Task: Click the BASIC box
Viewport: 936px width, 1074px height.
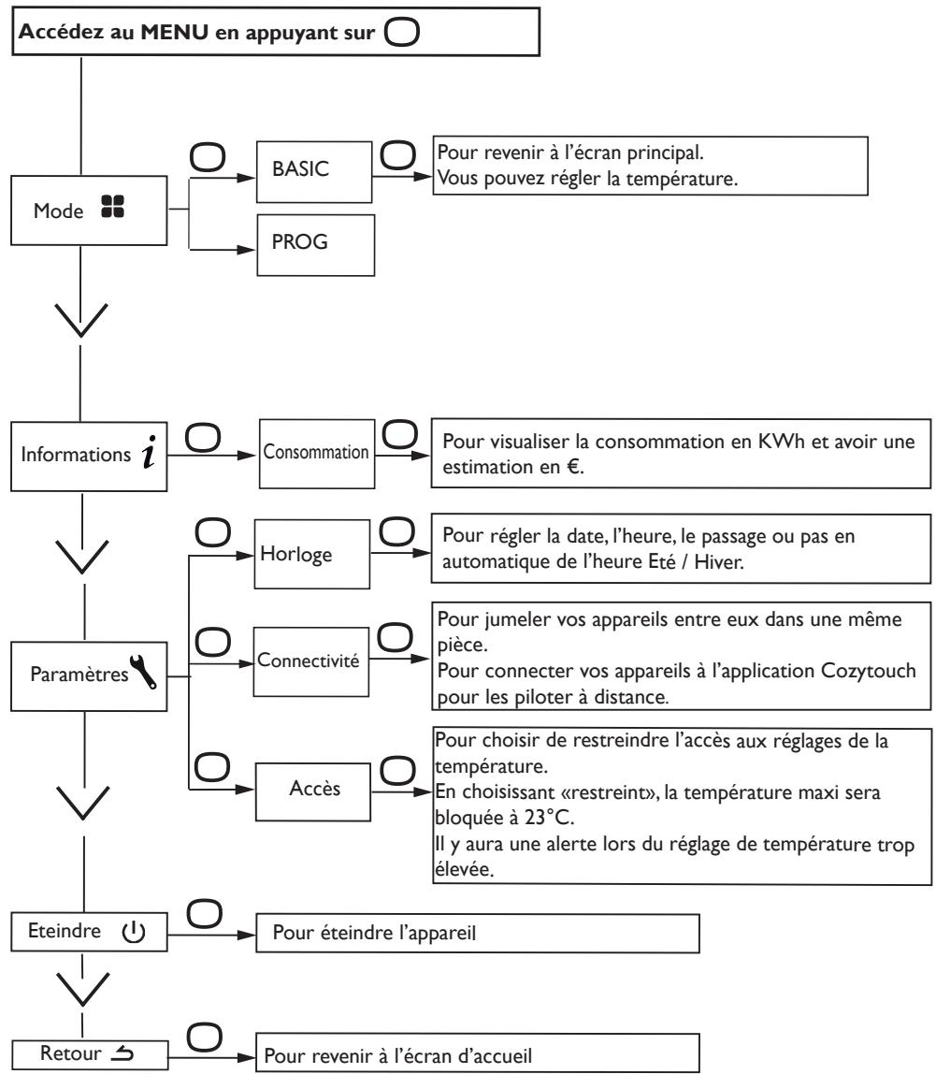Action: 314,172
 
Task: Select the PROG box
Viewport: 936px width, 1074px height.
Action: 316,245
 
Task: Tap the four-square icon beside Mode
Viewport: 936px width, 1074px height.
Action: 112,206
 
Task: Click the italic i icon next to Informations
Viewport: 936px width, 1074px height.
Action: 150,452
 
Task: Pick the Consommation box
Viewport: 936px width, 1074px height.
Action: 317,454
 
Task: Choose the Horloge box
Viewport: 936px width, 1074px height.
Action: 312,554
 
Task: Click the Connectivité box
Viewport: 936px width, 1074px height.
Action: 310,661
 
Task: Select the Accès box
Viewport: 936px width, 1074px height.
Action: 313,791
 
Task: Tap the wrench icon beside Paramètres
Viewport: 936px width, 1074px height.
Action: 143,672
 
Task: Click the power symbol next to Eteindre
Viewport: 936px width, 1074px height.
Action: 134,932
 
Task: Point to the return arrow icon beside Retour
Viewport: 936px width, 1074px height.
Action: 122,1052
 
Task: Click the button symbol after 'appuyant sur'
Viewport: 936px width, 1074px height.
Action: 402,32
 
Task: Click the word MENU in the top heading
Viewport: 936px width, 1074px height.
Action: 175,32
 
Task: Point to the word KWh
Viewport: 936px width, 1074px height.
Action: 782,442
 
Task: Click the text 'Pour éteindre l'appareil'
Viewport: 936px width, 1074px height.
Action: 374,932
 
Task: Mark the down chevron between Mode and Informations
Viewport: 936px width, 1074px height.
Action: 80,320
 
